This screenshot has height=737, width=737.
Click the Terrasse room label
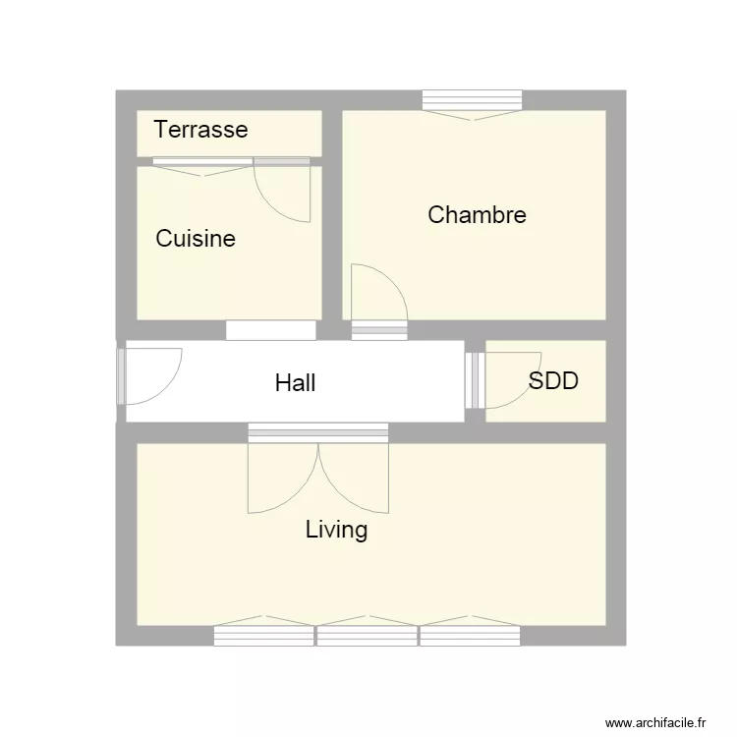pos(200,130)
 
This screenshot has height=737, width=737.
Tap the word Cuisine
pos(196,239)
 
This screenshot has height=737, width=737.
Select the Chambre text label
pos(477,215)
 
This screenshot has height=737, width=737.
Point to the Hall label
pos(295,382)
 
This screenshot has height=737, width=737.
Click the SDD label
pos(553,381)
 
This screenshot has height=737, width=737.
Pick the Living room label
pos(336,531)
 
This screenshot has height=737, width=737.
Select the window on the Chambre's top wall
pos(472,100)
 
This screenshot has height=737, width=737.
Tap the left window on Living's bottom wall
pos(263,636)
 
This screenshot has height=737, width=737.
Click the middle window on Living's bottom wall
pos(367,636)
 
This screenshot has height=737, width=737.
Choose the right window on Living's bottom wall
pos(470,636)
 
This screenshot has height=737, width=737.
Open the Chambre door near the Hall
pos(378,293)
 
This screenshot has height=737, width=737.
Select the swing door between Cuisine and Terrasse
pos(283,192)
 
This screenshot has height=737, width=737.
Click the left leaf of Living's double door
pos(283,479)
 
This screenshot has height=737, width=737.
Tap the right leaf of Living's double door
pos(354,479)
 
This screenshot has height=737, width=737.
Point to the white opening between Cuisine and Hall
pos(270,330)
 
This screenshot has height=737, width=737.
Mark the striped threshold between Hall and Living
pos(317,432)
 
